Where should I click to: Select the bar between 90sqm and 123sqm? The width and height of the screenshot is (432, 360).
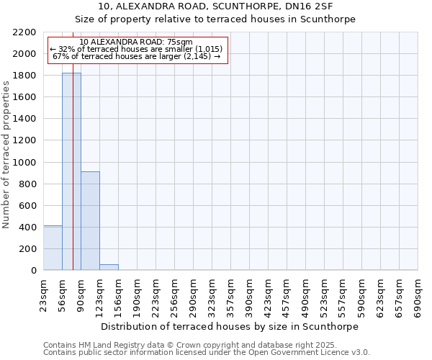(90, 221)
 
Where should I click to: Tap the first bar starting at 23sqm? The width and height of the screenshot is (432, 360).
(53, 248)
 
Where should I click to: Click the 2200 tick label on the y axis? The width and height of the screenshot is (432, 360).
(24, 32)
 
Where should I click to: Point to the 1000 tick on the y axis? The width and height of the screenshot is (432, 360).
(24, 162)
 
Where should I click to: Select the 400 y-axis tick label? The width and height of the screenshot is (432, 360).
(27, 227)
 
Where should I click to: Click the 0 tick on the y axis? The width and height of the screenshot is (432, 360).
(33, 271)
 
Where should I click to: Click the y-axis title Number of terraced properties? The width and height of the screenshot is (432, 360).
(6, 155)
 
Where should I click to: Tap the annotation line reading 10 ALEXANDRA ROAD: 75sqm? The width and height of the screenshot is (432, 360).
(136, 42)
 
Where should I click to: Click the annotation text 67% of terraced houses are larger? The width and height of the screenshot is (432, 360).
(136, 56)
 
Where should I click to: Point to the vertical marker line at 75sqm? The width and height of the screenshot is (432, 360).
(73, 180)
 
